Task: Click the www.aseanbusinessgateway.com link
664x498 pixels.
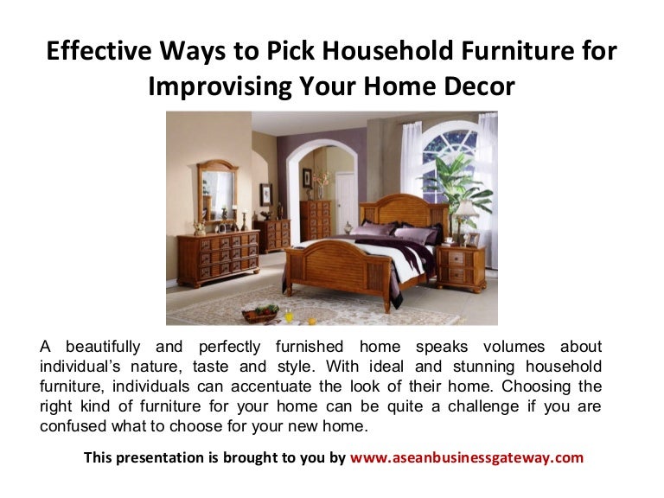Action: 467,457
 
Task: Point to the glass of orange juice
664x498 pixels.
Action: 287,310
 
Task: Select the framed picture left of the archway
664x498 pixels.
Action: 266,195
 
